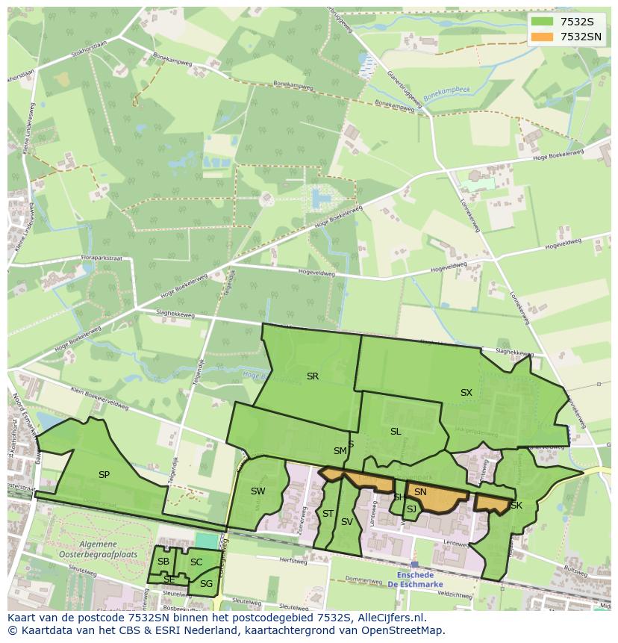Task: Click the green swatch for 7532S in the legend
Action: point(543,22)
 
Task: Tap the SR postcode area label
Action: point(313,376)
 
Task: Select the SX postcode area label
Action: point(466,393)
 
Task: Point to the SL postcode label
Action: point(396,432)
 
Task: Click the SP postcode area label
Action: point(104,475)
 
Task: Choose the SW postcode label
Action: point(257,491)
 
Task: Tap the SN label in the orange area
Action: point(420,492)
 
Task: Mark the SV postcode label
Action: point(346,522)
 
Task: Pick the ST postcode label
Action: point(328,514)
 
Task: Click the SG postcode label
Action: point(206,584)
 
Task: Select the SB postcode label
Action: point(163,562)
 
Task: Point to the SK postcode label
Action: point(516,506)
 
